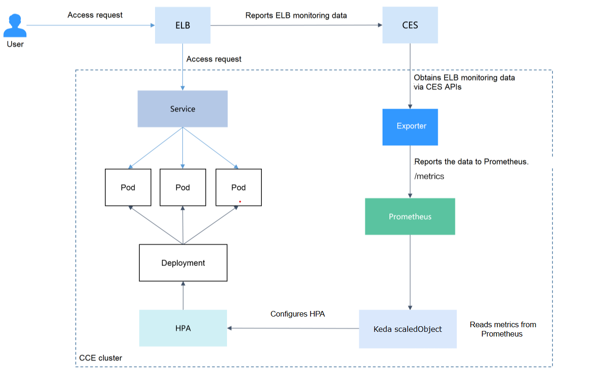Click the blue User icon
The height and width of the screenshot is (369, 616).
[15, 26]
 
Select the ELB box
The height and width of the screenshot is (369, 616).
[182, 26]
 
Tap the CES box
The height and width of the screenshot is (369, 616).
[410, 26]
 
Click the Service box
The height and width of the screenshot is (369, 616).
[182, 109]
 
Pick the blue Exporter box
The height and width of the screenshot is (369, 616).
[410, 127]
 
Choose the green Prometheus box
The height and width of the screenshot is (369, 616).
[410, 217]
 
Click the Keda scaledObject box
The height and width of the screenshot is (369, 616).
[408, 329]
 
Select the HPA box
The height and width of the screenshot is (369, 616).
[183, 328]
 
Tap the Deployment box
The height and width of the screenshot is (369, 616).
[183, 263]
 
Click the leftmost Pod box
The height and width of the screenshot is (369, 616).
[128, 188]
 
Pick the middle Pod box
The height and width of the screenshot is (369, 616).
[183, 188]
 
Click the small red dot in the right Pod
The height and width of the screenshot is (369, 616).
[240, 201]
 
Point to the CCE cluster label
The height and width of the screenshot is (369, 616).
[101, 358]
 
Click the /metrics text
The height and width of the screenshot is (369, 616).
[429, 176]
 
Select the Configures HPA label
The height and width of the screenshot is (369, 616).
[298, 314]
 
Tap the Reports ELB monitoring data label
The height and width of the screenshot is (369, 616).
[296, 16]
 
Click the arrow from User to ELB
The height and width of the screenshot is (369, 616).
[91, 26]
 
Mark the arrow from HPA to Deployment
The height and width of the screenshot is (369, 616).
[183, 296]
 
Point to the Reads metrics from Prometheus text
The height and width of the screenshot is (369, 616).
[503, 329]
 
